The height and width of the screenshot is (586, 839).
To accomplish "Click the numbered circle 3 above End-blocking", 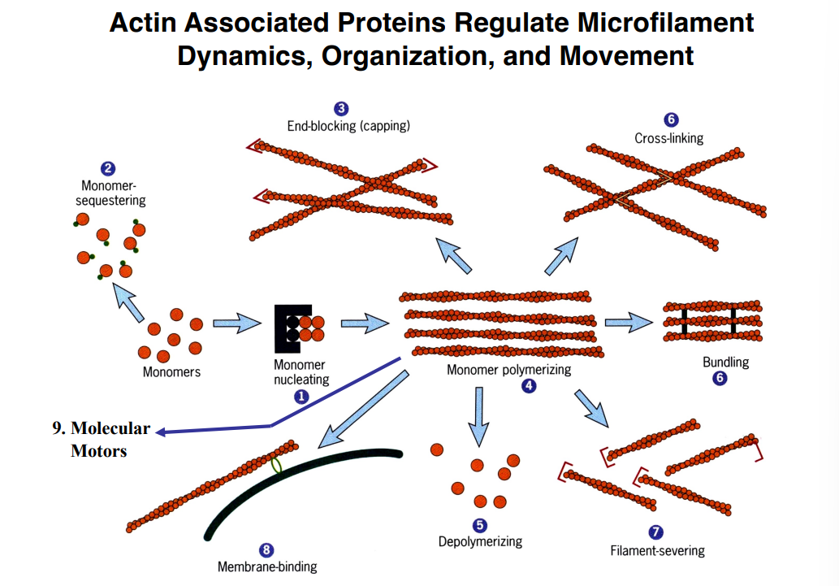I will coord(342,109).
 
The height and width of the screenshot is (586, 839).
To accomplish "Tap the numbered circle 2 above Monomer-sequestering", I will coord(107,169).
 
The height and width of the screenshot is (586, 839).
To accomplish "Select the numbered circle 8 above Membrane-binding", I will coord(266,550).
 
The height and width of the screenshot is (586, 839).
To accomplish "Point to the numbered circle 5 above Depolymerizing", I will coord(480,526).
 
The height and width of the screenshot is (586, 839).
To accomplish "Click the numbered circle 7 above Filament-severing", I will coord(656,532).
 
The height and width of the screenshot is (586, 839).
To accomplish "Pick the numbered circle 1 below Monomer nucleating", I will coord(301,396).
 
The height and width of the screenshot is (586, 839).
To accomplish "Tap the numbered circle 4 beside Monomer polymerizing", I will coord(529,386).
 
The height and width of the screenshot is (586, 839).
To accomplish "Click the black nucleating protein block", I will coord(288,328).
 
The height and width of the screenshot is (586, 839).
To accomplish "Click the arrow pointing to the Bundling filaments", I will coord(629,323).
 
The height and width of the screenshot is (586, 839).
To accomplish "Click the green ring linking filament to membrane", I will coord(277,465).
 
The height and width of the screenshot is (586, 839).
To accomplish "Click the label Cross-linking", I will coord(668,138).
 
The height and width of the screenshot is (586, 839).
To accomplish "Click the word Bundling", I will coord(725,362).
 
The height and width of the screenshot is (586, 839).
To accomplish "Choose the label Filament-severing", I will coord(657,550).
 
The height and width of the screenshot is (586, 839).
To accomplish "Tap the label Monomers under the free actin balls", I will coord(171,372).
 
